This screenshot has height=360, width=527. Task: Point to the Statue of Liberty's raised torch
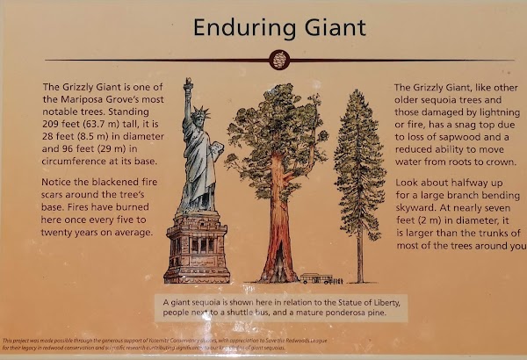[187, 83]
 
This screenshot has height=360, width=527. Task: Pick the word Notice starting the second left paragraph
[59, 186]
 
